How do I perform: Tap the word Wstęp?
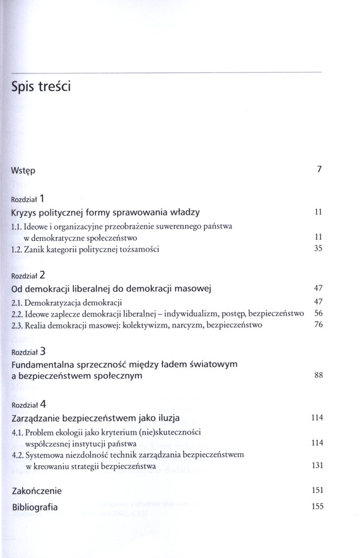23,170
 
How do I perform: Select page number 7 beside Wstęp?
319,170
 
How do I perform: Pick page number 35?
319,249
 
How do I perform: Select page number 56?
319,314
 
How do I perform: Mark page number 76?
319,325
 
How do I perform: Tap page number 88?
319,376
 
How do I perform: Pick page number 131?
317,465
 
